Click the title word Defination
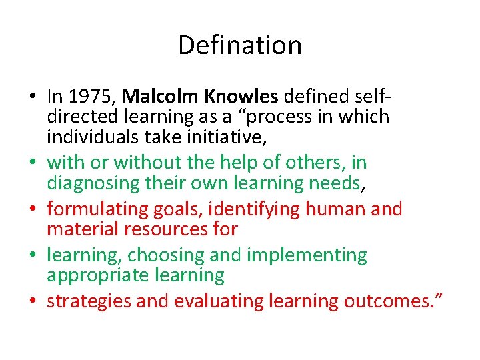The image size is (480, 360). pyautogui.click(x=240, y=45)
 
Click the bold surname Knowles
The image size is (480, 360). pyautogui.click(x=241, y=97)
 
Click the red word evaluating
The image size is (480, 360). pyautogui.click(x=217, y=301)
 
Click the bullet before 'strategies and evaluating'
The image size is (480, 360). pyautogui.click(x=33, y=301)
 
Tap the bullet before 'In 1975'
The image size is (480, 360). pyautogui.click(x=33, y=97)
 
